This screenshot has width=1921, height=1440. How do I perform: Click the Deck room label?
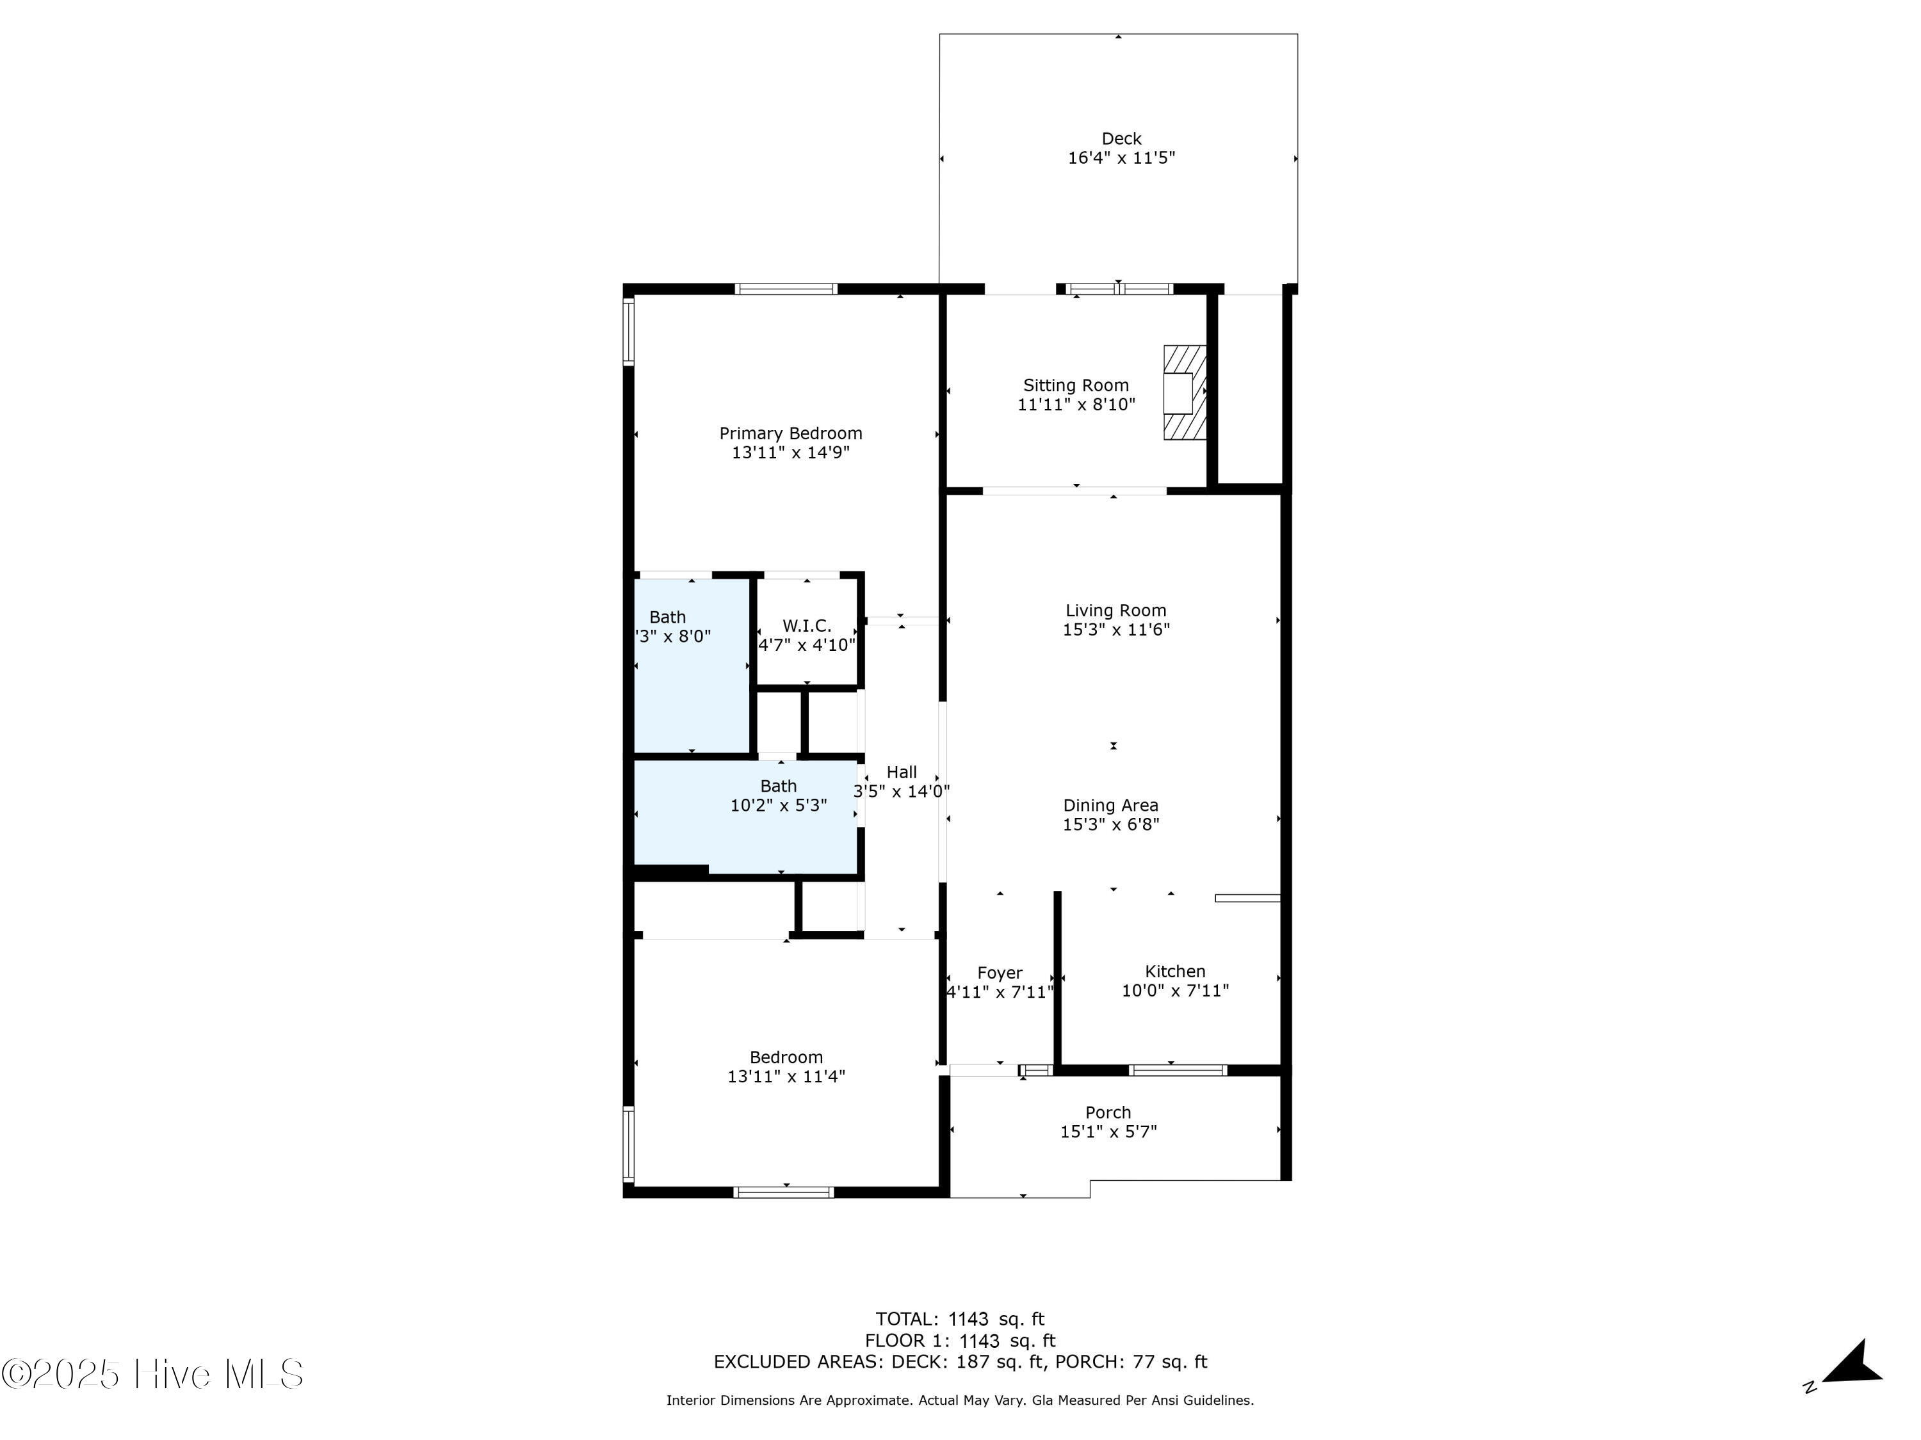[x=1121, y=138]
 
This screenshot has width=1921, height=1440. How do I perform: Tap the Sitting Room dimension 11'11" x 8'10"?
[x=1076, y=404]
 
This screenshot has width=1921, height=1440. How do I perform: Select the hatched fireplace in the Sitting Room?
[x=1185, y=392]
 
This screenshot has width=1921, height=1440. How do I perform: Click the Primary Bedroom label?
[x=790, y=433]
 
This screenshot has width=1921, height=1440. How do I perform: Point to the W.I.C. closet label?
[x=807, y=625]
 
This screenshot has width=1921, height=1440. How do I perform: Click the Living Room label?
[x=1115, y=610]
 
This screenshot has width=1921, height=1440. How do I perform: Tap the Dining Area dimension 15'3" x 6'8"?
[x=1111, y=824]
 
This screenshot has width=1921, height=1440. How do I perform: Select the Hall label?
[x=902, y=772]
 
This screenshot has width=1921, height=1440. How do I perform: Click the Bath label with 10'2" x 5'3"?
[x=778, y=785]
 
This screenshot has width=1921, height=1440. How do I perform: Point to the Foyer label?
[x=1000, y=973]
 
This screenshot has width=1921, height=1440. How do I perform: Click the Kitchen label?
[x=1174, y=972]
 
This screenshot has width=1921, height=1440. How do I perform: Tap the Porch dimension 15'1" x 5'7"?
[x=1108, y=1132]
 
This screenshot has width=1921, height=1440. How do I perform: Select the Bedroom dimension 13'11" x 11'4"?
[x=786, y=1076]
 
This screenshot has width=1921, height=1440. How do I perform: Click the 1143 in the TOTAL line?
[x=968, y=1319]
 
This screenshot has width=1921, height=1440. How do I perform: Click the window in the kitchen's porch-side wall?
[x=1178, y=1070]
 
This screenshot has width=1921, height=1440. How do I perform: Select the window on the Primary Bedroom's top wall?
[x=786, y=289]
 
